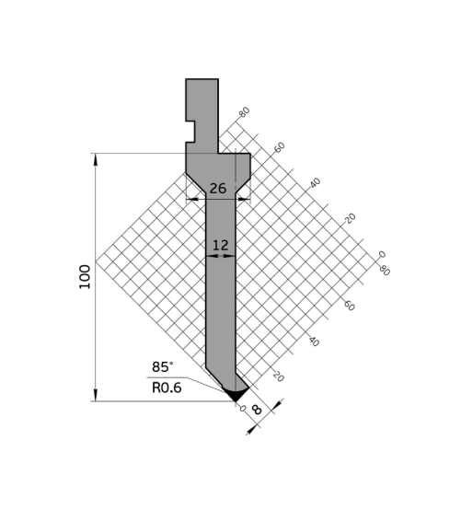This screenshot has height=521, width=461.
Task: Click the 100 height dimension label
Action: point(85,277)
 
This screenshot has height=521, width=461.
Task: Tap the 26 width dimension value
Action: point(218,189)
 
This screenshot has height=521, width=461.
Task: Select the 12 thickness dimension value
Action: point(220,246)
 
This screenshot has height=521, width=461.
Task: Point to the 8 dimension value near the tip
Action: point(257,410)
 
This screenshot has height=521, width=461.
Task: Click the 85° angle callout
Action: point(163,367)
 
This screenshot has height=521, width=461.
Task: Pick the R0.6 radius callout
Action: point(167,388)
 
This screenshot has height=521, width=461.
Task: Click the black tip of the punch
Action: point(236,394)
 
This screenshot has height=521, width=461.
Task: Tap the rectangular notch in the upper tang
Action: point(190,132)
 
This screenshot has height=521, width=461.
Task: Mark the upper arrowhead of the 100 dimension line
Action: point(96,160)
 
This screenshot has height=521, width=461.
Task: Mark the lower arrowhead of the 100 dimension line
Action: point(96,395)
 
